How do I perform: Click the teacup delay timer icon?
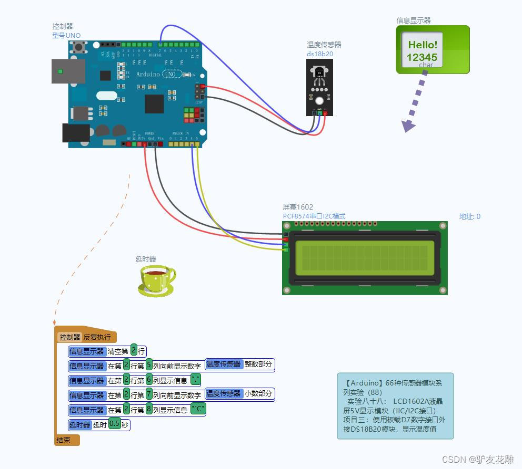coord(156,280)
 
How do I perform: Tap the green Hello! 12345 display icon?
coord(433,50)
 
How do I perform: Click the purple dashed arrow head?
coord(408,126)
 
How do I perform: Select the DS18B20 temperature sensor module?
coord(319,87)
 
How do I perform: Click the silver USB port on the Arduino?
coord(68,71)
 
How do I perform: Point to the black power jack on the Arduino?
coord(76,133)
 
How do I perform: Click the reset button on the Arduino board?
coord(81,48)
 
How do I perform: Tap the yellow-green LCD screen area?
coord(365,258)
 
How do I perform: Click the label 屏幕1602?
coord(298,207)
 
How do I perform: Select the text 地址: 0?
coord(469,216)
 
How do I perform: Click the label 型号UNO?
coord(66,35)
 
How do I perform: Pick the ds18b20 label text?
coord(320,54)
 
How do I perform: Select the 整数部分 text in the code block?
coord(258,364)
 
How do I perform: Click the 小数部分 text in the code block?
coord(258,394)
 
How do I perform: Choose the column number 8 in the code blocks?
coord(149,409)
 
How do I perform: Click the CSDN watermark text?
coord(477,460)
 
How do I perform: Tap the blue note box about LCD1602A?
coord(395,406)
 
